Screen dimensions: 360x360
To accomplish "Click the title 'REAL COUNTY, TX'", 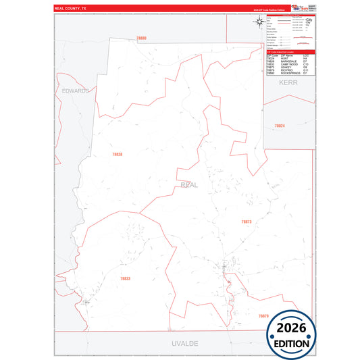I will [70, 9].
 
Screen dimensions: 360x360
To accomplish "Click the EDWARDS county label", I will [75, 90].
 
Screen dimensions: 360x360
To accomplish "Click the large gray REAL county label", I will [189, 184].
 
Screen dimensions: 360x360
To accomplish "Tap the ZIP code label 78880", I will [140, 38].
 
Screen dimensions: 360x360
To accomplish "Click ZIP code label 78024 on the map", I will [279, 126].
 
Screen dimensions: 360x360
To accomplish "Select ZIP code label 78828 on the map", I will [117, 155].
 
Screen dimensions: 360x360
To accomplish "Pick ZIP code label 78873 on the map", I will [246, 221].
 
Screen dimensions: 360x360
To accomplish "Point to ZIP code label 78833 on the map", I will [125, 278].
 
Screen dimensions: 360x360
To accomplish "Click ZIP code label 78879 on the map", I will [263, 315].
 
